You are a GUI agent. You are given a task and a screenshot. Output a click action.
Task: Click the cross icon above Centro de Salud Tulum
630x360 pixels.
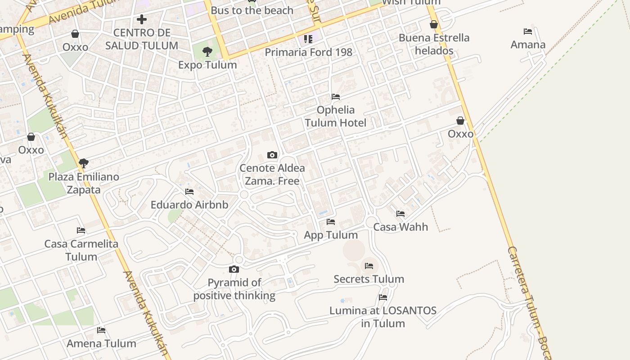142,19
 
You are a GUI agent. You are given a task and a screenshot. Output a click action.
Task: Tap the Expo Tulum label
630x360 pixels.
207,65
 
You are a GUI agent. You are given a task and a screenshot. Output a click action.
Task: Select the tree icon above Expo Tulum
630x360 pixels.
207,52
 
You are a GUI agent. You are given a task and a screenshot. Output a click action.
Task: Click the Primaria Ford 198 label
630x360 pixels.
308,52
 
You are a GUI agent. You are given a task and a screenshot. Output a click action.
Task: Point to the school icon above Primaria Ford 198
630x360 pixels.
308,39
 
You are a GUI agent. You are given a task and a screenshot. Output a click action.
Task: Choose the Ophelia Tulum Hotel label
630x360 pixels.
336,116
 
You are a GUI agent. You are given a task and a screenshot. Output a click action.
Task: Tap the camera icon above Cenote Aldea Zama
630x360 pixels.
272,155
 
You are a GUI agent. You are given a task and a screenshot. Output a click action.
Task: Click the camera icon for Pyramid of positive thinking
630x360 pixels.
234,270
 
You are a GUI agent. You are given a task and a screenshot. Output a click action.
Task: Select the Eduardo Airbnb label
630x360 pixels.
189,205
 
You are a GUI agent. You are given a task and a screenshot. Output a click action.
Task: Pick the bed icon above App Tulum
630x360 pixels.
331,222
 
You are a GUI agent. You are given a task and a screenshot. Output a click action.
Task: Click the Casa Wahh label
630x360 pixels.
400,227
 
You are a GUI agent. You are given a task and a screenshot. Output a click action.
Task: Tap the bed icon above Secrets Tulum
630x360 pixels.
369,266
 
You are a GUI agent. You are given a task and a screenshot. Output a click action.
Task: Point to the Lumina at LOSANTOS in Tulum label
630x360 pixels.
383,317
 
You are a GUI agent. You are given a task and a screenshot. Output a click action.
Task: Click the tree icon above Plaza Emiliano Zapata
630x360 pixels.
84,163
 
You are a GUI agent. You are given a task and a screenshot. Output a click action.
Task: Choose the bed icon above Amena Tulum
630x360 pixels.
101,330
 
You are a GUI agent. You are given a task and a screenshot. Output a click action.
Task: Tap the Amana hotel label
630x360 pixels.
528,45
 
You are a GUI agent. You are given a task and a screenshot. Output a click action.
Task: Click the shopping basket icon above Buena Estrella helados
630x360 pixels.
434,24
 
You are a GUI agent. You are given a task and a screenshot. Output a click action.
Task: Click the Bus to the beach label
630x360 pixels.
252,10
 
